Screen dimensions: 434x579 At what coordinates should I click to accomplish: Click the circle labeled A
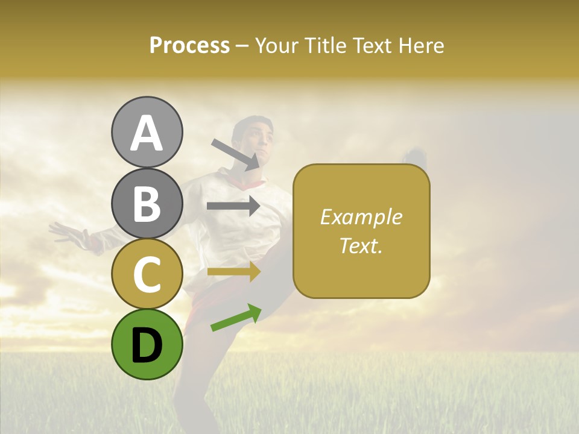pos(147,132)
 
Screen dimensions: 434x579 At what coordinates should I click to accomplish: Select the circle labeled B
pos(147,203)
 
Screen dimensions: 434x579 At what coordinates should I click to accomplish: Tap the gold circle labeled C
pos(147,274)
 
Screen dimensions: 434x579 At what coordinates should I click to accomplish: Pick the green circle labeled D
pos(147,344)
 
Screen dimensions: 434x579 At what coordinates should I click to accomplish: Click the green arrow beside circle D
pos(236,318)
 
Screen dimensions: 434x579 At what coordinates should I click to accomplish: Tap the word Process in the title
pos(189,46)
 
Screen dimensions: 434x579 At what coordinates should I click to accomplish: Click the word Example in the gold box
pos(361,217)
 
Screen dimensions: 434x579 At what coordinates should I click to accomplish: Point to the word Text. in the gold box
pos(361,245)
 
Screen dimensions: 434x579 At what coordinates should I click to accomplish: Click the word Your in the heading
pos(278,46)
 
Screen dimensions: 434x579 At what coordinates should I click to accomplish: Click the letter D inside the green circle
pos(147,345)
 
